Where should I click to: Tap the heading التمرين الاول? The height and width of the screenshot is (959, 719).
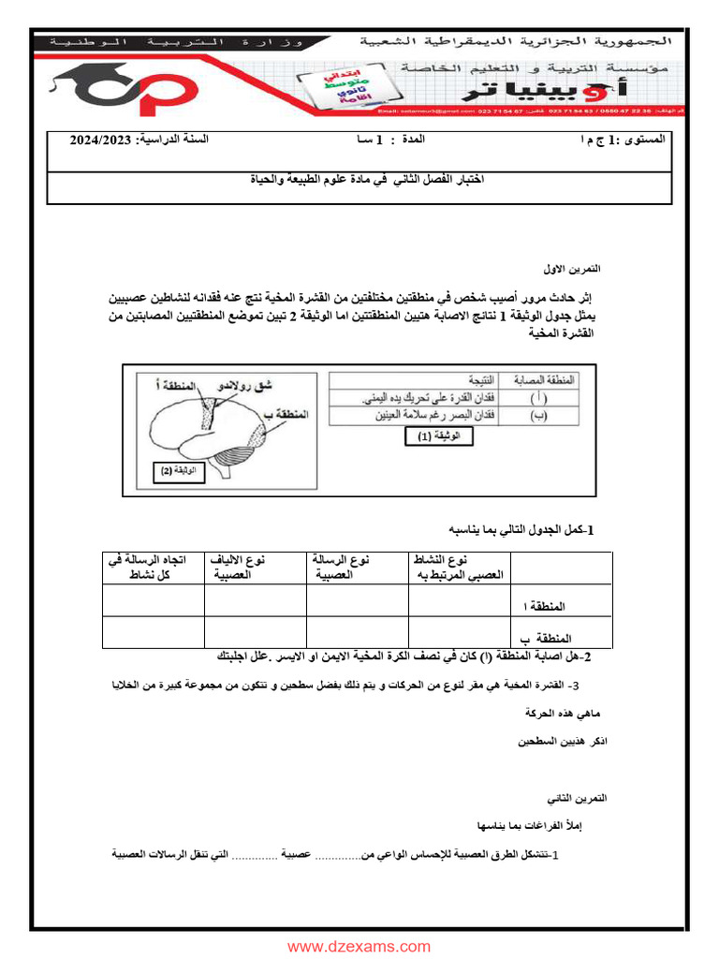point(574,269)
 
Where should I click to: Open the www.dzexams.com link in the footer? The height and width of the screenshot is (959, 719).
point(359,946)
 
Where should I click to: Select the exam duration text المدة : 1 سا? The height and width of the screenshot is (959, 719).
point(387,140)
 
